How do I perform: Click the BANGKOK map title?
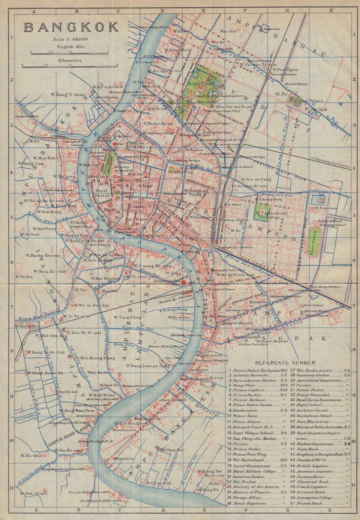point(71,27)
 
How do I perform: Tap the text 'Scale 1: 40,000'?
point(71,39)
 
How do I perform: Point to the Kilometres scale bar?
point(69,67)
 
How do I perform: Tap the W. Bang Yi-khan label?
point(68,95)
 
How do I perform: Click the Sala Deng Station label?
point(325,286)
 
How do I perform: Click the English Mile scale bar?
point(69,52)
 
